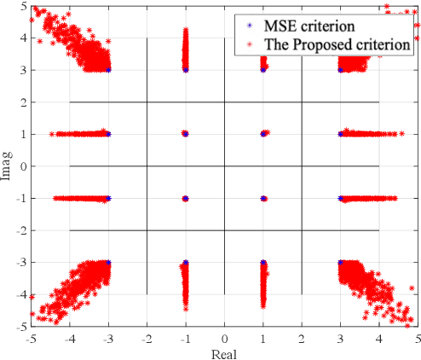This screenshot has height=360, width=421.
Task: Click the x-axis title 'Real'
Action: [x=224, y=353]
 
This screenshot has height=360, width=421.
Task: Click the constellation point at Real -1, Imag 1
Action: [x=186, y=134]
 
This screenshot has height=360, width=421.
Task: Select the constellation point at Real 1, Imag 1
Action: [x=263, y=134]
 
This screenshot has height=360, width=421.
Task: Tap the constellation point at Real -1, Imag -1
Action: [x=186, y=198]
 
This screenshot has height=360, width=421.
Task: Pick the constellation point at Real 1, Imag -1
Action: [x=263, y=198]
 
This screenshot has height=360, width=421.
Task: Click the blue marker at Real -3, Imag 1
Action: [x=108, y=134]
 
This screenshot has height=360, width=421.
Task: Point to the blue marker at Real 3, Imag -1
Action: [x=340, y=198]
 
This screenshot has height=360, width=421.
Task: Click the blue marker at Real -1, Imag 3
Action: [x=186, y=70]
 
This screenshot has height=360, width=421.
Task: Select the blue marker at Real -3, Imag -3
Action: [x=108, y=263]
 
